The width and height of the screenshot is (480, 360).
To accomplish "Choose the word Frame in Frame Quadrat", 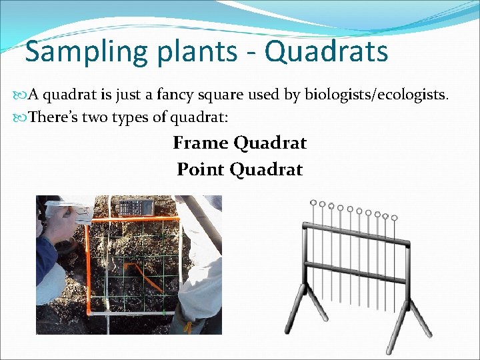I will [x=201, y=143].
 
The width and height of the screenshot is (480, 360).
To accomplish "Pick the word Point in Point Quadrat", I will [x=201, y=169].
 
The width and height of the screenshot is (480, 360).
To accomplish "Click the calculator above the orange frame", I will [x=135, y=207].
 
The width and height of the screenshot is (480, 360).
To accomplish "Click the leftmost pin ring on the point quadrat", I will [x=313, y=202].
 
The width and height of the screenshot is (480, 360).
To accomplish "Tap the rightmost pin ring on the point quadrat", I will [x=394, y=217].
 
